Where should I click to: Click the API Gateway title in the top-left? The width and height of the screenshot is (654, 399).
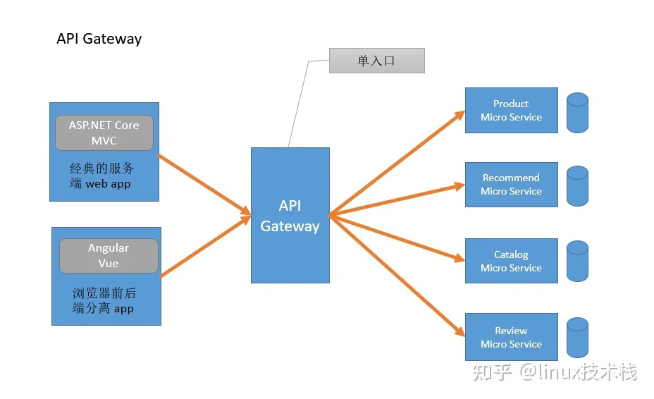click(99, 39)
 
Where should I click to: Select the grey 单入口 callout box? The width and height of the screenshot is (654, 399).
click(377, 61)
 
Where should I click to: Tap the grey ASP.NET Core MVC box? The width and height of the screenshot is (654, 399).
click(104, 133)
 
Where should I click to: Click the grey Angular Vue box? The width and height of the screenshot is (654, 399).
click(109, 256)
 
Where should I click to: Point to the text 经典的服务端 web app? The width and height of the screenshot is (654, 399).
click(101, 176)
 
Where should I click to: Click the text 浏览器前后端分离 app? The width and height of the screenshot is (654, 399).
click(104, 300)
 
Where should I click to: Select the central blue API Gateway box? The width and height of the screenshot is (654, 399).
click(290, 215)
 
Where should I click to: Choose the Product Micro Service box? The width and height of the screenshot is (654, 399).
click(512, 110)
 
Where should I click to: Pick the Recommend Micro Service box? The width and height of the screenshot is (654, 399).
click(512, 185)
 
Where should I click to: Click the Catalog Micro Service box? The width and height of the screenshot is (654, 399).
click(512, 261)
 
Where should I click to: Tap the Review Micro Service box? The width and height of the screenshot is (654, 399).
click(512, 337)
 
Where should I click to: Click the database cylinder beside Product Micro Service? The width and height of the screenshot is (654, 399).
click(578, 113)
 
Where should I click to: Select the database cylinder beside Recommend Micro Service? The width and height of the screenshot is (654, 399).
click(578, 186)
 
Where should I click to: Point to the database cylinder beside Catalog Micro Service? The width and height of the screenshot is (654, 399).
click(578, 261)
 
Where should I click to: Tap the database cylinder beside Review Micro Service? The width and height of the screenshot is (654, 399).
click(578, 338)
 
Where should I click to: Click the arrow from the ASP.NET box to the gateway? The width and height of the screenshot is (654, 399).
click(204, 185)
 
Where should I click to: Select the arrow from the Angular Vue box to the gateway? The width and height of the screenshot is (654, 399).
click(206, 246)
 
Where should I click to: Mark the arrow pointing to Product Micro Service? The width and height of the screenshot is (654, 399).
click(397, 163)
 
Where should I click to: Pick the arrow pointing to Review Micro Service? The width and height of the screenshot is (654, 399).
click(397, 276)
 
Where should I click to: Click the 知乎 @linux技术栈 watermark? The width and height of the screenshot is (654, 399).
click(555, 372)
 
